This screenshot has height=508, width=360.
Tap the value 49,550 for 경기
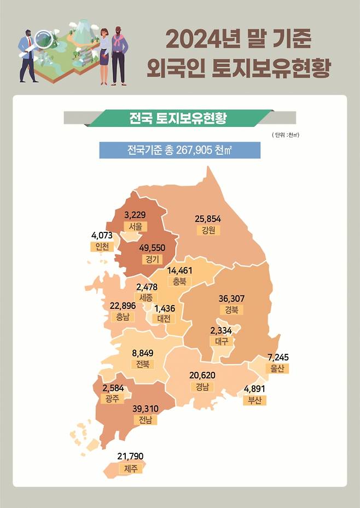pyautogui.click(x=152, y=248)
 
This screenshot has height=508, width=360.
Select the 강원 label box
pyautogui.click(x=208, y=230)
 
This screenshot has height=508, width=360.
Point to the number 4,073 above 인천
pyautogui.click(x=102, y=236)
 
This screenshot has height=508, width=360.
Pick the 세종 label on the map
pyautogui.click(x=146, y=297)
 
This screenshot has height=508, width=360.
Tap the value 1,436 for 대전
pyautogui.click(x=164, y=308)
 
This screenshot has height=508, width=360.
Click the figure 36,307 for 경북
pyautogui.click(x=231, y=299)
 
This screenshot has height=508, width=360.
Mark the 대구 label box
pyautogui.click(x=222, y=341)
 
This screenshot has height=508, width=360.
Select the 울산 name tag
pyautogui.click(x=277, y=369)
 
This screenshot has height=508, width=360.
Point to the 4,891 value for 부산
pyautogui.click(x=254, y=389)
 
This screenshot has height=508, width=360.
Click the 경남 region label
pyautogui.click(x=202, y=387)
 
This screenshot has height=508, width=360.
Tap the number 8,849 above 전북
pyautogui.click(x=143, y=353)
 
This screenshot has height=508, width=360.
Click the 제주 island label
pyautogui.click(x=130, y=468)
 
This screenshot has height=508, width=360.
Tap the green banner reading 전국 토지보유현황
pyautogui.click(x=178, y=118)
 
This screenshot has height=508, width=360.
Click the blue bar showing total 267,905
pyautogui.click(x=179, y=150)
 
